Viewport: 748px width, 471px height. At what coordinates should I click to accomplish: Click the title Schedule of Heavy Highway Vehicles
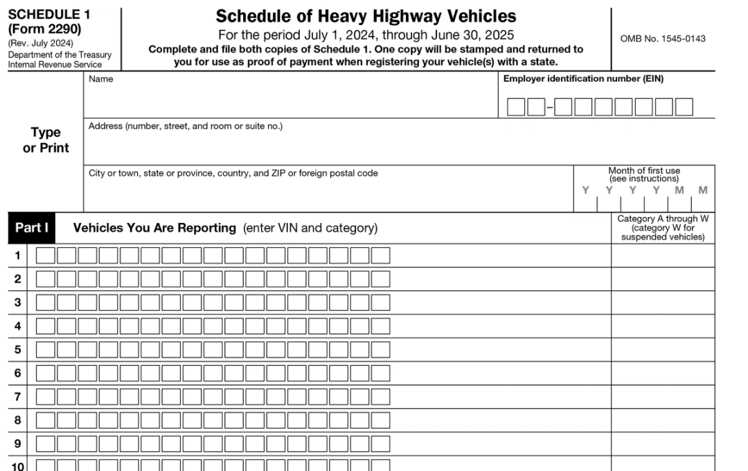(366, 16)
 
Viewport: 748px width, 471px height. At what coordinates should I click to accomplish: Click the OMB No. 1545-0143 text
(663, 39)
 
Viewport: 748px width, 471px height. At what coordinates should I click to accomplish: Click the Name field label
(100, 79)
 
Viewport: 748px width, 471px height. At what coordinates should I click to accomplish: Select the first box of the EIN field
(516, 107)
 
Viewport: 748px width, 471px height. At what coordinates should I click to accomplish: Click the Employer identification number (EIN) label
(583, 79)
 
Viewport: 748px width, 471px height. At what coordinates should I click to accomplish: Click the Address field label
(185, 126)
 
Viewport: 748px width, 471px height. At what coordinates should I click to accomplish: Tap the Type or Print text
(46, 140)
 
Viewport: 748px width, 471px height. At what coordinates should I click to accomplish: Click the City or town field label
(233, 173)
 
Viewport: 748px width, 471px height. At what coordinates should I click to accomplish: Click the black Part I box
(31, 228)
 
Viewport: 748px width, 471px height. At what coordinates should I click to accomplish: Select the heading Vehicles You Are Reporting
(154, 228)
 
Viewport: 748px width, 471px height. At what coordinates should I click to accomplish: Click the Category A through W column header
(663, 228)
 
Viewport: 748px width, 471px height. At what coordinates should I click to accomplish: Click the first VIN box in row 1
(45, 256)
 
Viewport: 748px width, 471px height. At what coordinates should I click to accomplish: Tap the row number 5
(18, 349)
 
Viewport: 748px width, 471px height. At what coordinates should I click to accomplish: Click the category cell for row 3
(662, 303)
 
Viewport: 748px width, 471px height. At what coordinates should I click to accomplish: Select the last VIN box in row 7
(380, 397)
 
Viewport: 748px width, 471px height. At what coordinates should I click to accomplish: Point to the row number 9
(18, 443)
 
